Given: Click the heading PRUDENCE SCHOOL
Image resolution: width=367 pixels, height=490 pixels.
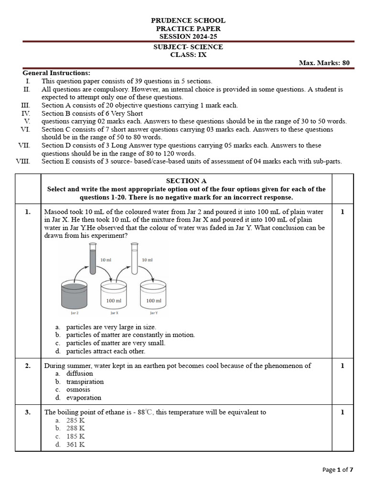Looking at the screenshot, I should coord(188,21).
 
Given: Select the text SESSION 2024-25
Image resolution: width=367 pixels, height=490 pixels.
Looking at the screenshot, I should coord(188,36).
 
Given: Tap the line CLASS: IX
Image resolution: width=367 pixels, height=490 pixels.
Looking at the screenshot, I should coord(188,55).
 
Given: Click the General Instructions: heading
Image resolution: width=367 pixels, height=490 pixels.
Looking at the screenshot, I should coord(56,73).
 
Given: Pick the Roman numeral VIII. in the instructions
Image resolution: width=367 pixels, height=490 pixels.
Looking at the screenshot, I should coord(23,161).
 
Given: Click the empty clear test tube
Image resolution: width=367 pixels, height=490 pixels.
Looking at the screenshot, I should coord(134,258).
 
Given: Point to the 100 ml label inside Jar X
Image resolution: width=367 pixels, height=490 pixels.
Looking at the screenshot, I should coord(114,301).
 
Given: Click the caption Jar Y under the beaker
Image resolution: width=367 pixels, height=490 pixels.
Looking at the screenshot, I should coord(153,313).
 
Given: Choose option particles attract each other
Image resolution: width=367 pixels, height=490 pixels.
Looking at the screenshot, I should coord(105,351).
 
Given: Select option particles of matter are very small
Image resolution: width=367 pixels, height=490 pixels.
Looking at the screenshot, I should coord(116,343).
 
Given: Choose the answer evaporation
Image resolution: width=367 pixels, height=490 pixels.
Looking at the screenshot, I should coord(84,398).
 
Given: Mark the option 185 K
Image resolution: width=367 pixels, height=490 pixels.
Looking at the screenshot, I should coord(76,436).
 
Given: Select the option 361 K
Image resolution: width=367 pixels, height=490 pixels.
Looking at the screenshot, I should coord(76,445).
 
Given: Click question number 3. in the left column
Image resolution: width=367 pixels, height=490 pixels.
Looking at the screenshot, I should coord(28,412).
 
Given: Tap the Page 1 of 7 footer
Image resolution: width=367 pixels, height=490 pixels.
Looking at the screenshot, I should coord(338,470).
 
